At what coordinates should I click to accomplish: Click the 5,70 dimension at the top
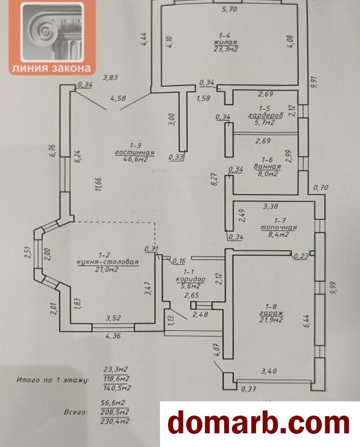[229, 10]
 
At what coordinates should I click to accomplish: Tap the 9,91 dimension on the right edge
[313, 83]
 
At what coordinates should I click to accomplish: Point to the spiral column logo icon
[51, 31]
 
